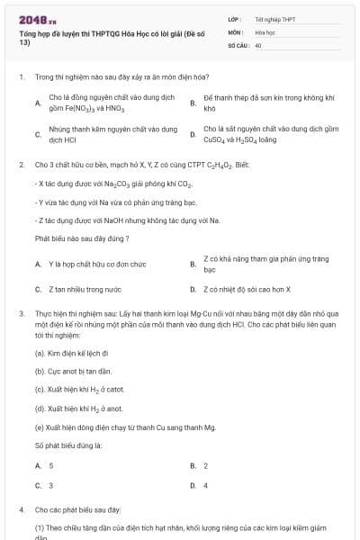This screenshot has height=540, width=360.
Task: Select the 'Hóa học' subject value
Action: click(265, 31)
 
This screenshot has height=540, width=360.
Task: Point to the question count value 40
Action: click(258, 44)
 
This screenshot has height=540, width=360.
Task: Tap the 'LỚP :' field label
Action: click(236, 19)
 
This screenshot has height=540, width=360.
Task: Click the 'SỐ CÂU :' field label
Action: click(238, 44)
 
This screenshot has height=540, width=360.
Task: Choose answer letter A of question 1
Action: click(38, 103)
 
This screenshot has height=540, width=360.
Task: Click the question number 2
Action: click(21, 165)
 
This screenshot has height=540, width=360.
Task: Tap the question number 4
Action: click(21, 509)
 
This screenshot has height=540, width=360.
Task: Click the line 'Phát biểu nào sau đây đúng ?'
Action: click(82, 238)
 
